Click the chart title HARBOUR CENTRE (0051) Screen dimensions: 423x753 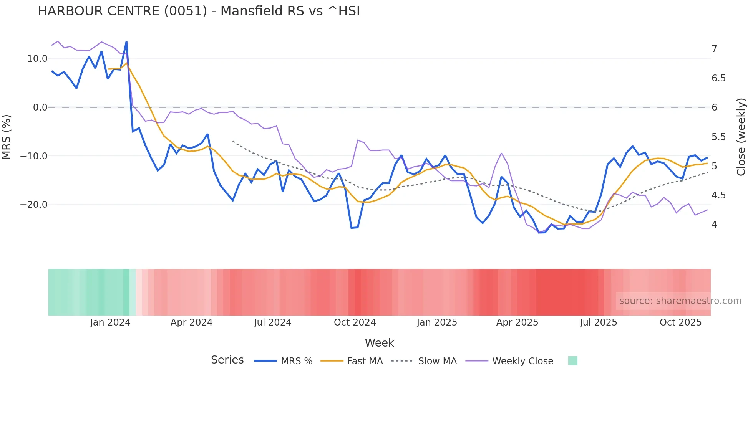pos(199,11)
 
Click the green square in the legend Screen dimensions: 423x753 pos(572,361)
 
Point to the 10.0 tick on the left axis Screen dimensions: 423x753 pos(37,59)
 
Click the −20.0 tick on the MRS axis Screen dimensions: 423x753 pos(34,205)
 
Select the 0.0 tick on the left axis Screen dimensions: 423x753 pos(40,107)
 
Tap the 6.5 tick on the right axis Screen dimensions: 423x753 pos(718,78)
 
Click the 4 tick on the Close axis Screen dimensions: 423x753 pos(714,225)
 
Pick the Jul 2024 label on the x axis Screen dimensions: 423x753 pos(272,322)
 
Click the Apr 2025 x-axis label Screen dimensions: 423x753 pos(517,322)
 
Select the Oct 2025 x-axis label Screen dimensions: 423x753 pos(680,322)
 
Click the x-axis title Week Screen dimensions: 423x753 pos(379,343)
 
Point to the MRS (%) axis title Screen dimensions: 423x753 pos(7,137)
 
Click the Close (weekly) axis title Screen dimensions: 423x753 pos(741,137)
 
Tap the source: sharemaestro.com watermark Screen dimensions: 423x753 pos(680,301)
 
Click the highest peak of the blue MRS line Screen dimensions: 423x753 pos(126,42)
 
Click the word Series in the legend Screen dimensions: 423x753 pos(227,360)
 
